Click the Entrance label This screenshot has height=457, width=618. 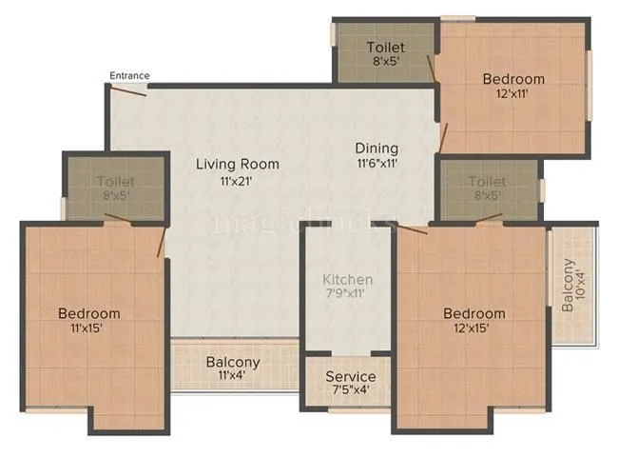tap(129, 75)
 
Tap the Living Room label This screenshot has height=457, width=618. tap(223, 164)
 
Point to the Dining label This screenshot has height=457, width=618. tap(377, 149)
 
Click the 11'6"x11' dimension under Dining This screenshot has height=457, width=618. tap(377, 163)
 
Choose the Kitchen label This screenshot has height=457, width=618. tap(347, 280)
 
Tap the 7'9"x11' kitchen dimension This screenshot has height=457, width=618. tap(347, 294)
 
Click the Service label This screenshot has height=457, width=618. tap(350, 377)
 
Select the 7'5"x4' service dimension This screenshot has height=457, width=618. tap(350, 391)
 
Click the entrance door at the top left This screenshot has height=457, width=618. tap(127, 89)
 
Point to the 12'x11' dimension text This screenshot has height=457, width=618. tap(513, 93)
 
